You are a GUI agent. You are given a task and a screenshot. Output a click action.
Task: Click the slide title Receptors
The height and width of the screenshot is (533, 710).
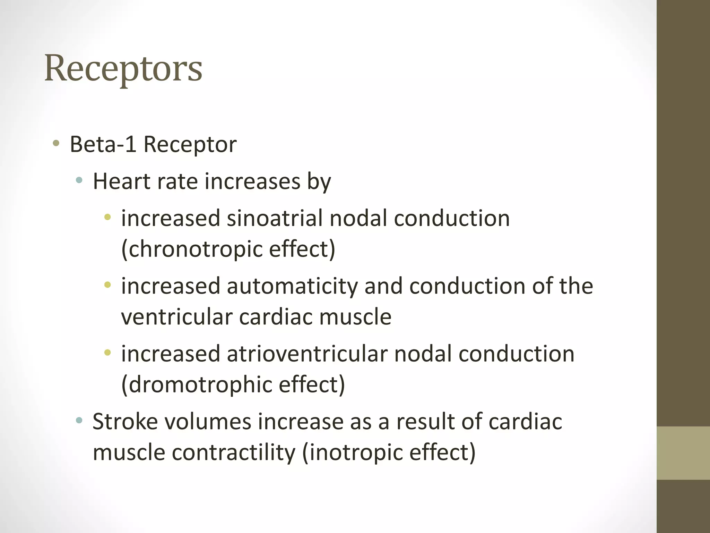pos(123,69)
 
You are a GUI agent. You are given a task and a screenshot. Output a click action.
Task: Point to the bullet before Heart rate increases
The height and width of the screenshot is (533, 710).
pos(79,180)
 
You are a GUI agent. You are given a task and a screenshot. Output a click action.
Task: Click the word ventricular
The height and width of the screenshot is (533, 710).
pos(177,317)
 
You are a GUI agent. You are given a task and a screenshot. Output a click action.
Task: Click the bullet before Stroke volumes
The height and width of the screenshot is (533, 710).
pos(79,421)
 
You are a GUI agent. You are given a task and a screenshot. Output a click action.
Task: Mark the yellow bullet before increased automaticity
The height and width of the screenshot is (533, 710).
pos(107,285)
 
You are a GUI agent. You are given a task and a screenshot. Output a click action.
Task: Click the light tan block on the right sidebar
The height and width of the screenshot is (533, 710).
pos(683,453)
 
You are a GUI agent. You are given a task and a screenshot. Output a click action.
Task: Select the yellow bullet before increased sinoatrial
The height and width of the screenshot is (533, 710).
pos(107,218)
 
